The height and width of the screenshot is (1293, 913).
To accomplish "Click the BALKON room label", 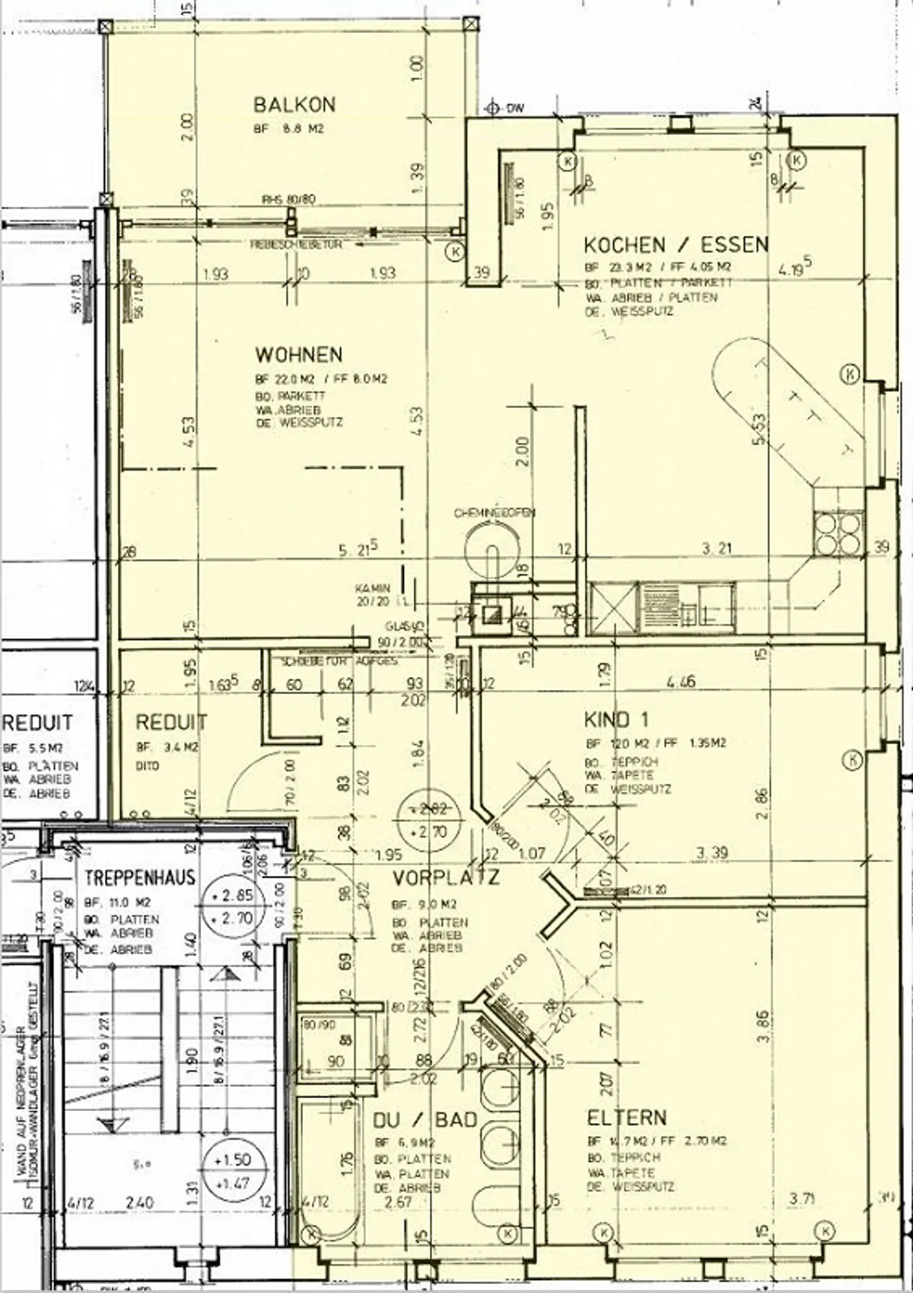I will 294,104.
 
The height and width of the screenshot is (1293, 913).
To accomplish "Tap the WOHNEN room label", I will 299,354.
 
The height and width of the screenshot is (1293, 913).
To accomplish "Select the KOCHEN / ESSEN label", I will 676,244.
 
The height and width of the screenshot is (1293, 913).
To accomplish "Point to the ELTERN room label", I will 626,1117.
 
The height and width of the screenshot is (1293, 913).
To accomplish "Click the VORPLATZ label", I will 446,878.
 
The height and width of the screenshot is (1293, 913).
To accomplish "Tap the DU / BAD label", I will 424,1120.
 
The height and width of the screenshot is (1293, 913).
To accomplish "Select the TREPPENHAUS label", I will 140,878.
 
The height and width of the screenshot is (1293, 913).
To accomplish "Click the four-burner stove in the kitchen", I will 838,533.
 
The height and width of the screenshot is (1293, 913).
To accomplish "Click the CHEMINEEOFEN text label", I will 494,512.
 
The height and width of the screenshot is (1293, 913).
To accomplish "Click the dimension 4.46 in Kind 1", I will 680,682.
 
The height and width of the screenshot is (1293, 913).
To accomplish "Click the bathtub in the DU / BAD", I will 329,1160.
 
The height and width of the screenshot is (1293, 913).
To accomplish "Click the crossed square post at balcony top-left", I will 106,27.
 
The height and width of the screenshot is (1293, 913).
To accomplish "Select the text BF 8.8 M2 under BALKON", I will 289,129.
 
